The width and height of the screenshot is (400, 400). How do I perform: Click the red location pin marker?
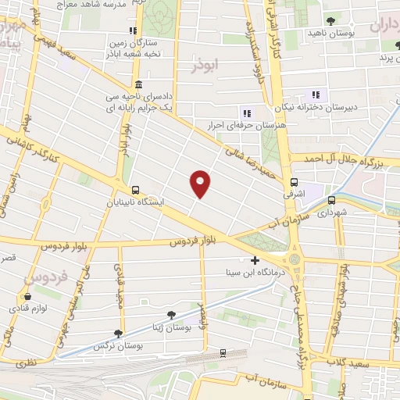point(201,182)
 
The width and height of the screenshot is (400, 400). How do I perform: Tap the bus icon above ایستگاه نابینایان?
point(136,189)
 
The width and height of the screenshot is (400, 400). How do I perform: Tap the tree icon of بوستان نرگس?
point(118,333)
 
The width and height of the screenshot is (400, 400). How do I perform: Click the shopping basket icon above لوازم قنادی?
point(28,297)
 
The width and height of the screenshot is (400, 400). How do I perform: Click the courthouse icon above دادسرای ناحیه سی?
point(139,85)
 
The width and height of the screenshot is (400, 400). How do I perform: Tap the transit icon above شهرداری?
point(331,199)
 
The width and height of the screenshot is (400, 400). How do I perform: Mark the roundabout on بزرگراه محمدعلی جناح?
point(294,259)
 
